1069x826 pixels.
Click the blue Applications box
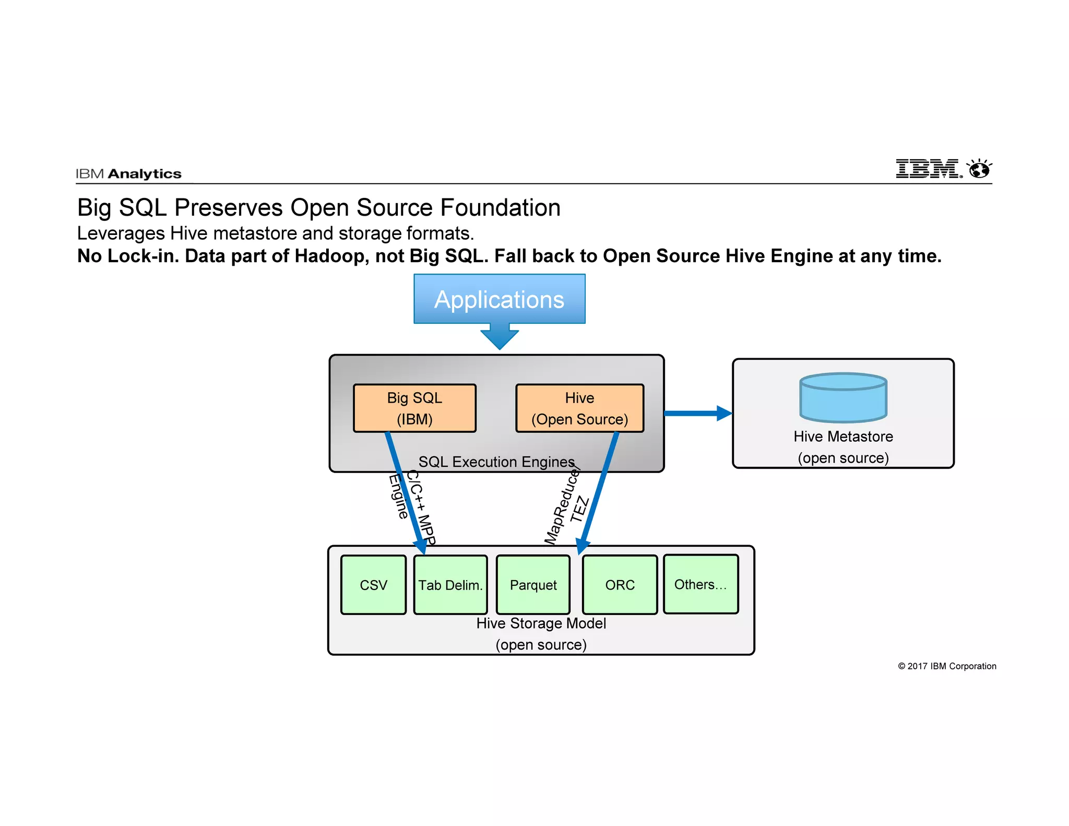pos(499,299)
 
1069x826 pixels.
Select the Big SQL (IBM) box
pos(414,408)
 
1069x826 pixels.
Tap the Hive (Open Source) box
pos(579,408)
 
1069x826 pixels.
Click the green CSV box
pos(373,585)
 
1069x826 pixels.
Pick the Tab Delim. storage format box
pos(450,585)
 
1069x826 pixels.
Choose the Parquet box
pos(533,585)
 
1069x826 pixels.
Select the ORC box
pos(620,585)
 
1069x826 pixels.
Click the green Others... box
pos(700,584)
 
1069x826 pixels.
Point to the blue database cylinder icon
pos(843,398)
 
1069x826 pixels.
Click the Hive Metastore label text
pos(843,436)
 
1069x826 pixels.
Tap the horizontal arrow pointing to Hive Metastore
pos(697,414)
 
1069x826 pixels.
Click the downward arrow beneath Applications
pos(500,337)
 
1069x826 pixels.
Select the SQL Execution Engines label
pos(496,462)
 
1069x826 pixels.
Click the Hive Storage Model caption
pos(541,623)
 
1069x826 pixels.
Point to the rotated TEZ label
pos(580,510)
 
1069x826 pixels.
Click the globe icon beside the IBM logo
pos(979,169)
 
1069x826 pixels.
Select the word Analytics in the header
pos(145,174)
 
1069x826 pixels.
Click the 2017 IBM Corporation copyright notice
pos(947,666)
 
